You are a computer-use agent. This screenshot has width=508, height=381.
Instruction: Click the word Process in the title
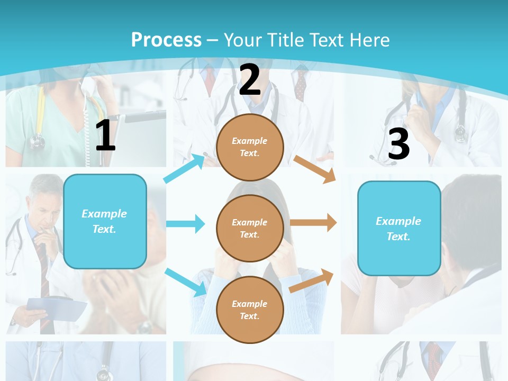click(x=166, y=40)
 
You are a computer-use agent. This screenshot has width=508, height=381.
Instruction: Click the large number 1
click(x=105, y=136)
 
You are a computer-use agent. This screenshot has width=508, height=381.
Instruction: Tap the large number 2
click(x=250, y=80)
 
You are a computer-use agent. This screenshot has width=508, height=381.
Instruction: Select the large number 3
click(x=398, y=144)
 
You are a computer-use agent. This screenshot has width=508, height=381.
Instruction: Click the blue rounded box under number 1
click(x=105, y=221)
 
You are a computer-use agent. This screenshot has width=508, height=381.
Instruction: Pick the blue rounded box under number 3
click(x=399, y=228)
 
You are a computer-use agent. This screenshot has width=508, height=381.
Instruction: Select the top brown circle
click(x=250, y=147)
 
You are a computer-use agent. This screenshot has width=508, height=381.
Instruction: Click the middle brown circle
click(x=250, y=228)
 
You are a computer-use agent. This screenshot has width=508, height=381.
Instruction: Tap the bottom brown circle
click(x=250, y=310)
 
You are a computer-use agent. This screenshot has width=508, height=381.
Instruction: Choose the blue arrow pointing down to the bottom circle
click(x=186, y=282)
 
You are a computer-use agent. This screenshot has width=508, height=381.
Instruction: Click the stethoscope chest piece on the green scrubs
click(x=37, y=141)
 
